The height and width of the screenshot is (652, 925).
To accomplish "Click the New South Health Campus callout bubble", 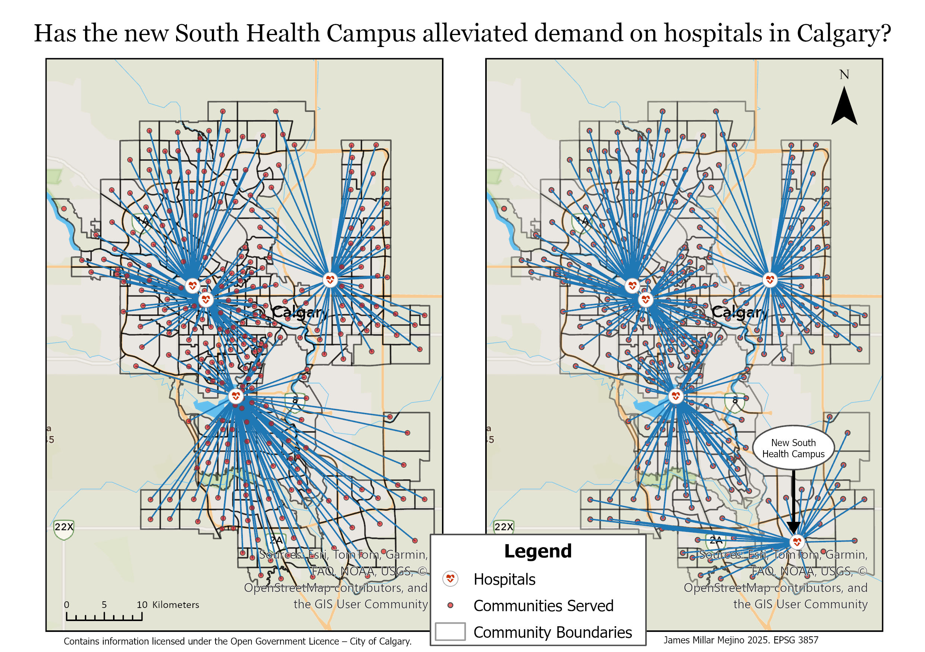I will pos(793,448).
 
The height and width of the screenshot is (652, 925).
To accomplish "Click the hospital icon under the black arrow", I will pos(796,542).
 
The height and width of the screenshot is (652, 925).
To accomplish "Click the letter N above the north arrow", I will pos(844,75).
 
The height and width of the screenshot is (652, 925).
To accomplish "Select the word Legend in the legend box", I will pos(538,551).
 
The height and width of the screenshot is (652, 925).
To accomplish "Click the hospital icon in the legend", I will pos(450,579).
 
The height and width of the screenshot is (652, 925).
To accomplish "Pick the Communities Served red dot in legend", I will pos(451,605).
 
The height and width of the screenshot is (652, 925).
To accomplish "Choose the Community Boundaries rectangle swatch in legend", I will pos(450,631).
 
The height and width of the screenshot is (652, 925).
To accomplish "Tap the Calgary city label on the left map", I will pos(300,312).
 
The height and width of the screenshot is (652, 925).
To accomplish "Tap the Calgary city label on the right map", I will pos(740,312).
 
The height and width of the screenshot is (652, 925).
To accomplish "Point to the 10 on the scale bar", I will pos(142,605).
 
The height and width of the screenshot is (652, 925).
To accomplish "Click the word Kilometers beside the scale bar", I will pos(176,605).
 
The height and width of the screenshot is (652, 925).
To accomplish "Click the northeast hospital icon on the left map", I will pos(330,279).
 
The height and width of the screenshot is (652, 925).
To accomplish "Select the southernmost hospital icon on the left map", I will pos(236,396).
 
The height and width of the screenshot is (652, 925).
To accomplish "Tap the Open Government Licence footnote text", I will pos(237,641).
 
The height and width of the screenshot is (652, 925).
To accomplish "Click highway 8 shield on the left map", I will pos(295,400).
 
